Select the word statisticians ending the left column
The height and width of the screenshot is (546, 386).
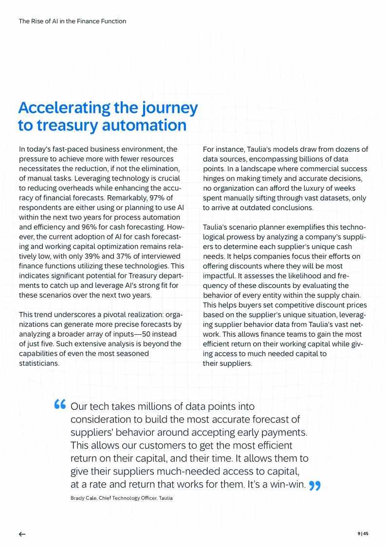tap(39, 363)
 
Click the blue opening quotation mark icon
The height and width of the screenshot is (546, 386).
tap(60, 404)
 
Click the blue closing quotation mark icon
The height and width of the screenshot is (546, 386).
tap(315, 485)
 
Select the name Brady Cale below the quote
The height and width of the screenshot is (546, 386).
tap(80, 498)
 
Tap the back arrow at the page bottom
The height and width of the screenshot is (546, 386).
tap(22, 534)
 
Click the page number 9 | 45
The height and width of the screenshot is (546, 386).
tap(363, 533)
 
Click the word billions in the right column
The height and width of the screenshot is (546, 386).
tap(296, 159)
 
